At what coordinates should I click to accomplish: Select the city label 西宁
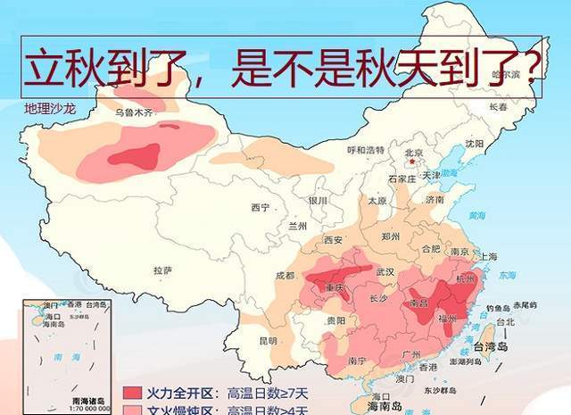(x=260, y=208)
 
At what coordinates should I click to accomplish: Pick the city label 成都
(x=285, y=276)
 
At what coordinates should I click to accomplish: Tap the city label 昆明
(x=268, y=341)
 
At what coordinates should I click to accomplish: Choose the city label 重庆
(x=335, y=288)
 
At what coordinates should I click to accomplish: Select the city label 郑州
(x=391, y=237)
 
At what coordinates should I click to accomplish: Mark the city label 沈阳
(x=474, y=143)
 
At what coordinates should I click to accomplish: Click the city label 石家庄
(x=401, y=178)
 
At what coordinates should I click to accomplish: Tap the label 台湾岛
(x=496, y=347)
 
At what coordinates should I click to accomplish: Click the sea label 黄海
(x=477, y=215)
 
